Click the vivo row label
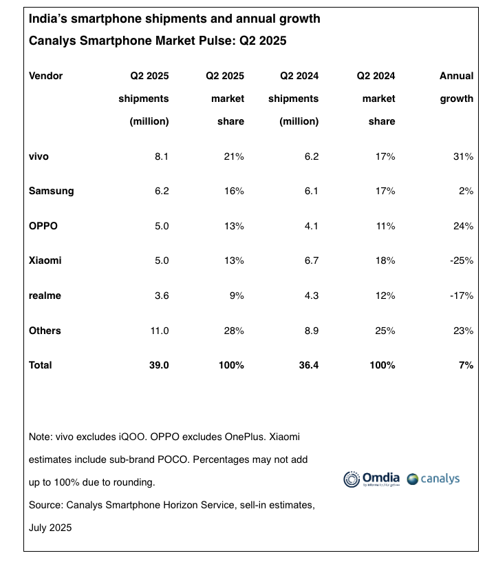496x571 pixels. [39, 156]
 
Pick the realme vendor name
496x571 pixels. [45, 295]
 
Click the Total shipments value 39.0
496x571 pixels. [158, 365]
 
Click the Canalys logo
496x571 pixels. [433, 479]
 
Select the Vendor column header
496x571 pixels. [46, 76]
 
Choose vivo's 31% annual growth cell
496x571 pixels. [463, 156]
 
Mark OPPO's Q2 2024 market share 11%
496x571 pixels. [385, 226]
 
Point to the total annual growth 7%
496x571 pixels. [466, 365]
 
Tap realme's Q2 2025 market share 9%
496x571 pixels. [237, 295]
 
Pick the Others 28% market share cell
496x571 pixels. [234, 331]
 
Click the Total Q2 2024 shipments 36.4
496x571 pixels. [308, 365]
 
